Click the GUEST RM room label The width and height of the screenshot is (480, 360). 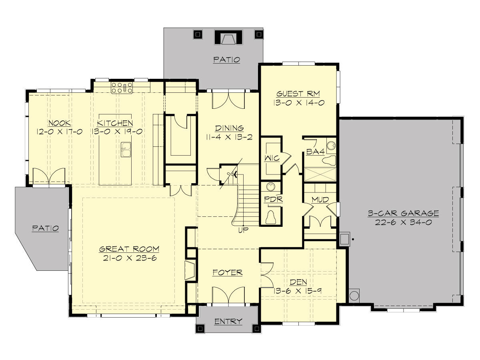pyautogui.click(x=300, y=94)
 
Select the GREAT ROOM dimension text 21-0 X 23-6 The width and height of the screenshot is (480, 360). pyautogui.click(x=129, y=258)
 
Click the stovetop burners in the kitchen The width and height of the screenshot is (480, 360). pyautogui.click(x=122, y=88)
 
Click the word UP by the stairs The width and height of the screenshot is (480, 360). pyautogui.click(x=242, y=230)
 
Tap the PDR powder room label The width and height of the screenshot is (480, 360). pyautogui.click(x=274, y=199)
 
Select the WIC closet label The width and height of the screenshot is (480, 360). pyautogui.click(x=271, y=159)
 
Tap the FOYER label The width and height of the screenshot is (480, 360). pyautogui.click(x=227, y=273)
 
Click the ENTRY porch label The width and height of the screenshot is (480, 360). pyautogui.click(x=228, y=321)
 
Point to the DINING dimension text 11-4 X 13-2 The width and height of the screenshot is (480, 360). pyautogui.click(x=229, y=137)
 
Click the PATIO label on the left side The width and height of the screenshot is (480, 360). pyautogui.click(x=45, y=228)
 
